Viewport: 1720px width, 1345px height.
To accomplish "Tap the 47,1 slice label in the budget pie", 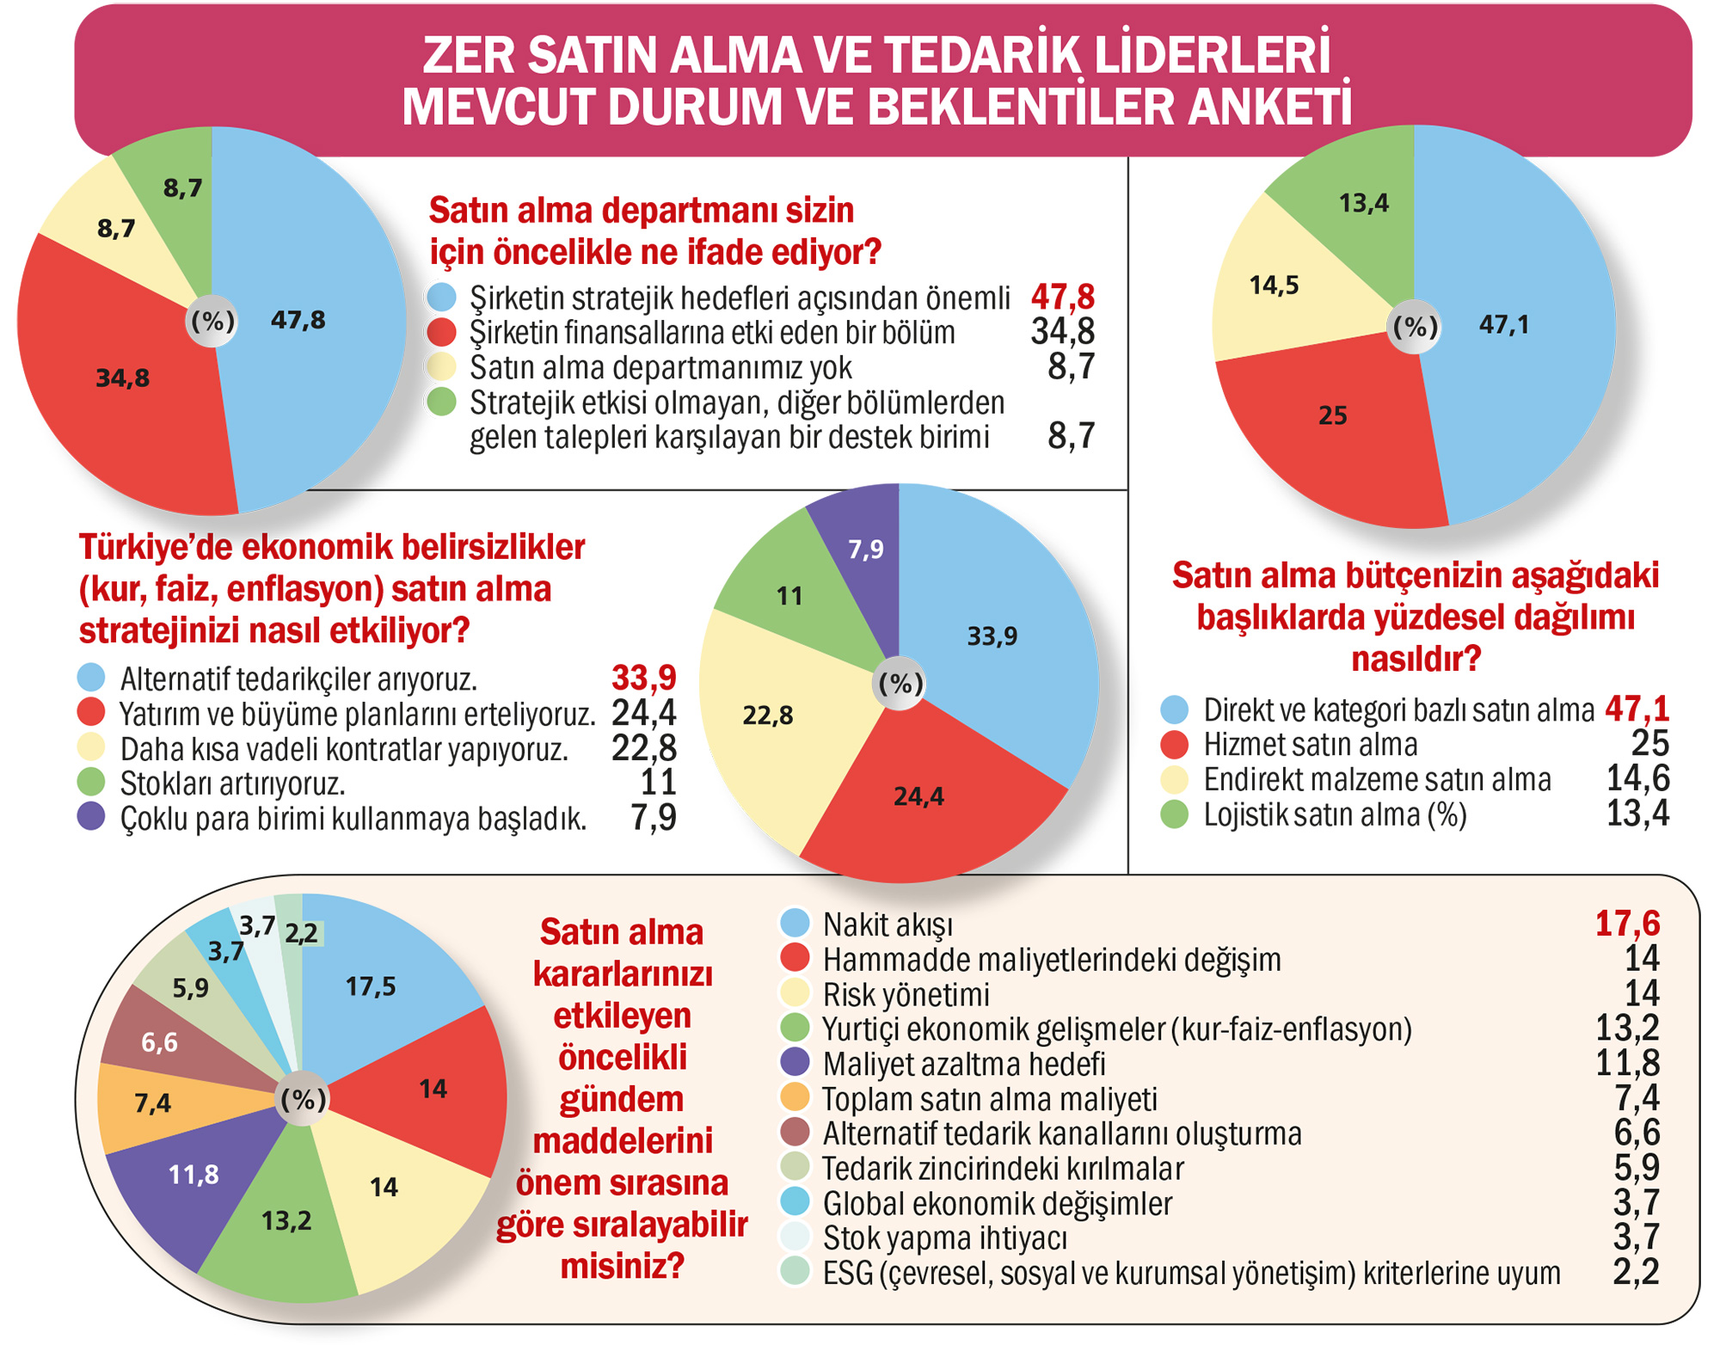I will tap(1503, 324).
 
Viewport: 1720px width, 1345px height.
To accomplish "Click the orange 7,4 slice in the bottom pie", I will tap(152, 1103).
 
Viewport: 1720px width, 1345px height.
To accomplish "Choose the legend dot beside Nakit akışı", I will tap(795, 924).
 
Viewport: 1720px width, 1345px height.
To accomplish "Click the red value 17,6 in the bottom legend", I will tap(1627, 924).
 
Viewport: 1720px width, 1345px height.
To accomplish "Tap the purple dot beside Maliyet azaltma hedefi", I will tap(795, 1063).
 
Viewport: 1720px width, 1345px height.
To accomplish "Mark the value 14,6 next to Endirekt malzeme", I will tap(1637, 779).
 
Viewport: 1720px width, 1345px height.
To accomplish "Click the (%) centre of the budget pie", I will tap(1415, 327).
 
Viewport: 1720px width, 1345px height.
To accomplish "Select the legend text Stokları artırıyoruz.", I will tap(232, 784).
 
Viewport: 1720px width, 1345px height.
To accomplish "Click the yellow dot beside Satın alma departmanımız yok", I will tap(442, 367).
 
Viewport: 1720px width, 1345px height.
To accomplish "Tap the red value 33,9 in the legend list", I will tap(643, 679).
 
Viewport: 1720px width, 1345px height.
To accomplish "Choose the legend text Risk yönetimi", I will tap(906, 994).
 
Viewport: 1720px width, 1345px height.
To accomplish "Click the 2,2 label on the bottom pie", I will tap(301, 934).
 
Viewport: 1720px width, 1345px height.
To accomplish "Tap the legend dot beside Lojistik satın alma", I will tap(1174, 814).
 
